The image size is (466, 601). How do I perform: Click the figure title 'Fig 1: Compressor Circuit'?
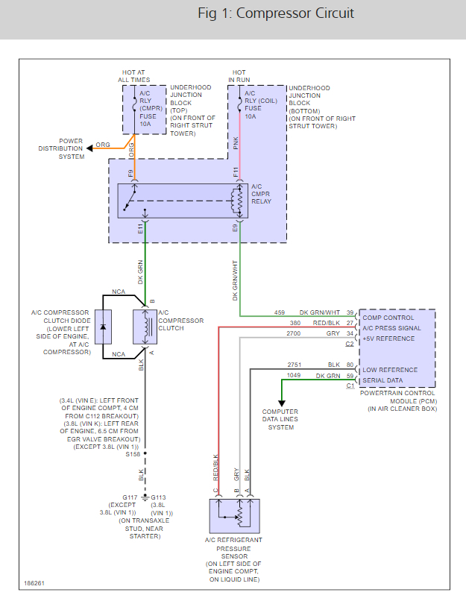(x=275, y=13)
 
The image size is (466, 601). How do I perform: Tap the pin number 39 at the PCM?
(x=350, y=312)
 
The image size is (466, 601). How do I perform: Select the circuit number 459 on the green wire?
(x=279, y=312)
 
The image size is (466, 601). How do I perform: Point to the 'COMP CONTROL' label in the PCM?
(x=388, y=318)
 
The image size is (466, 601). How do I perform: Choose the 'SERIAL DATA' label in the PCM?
(x=382, y=380)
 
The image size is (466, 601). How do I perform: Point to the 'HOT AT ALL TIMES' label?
(x=133, y=75)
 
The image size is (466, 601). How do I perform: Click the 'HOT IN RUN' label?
(x=239, y=75)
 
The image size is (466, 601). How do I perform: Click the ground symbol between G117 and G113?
(x=145, y=498)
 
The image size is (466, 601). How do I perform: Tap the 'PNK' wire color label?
(x=236, y=143)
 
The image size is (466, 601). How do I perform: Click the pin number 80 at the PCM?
(x=350, y=365)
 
